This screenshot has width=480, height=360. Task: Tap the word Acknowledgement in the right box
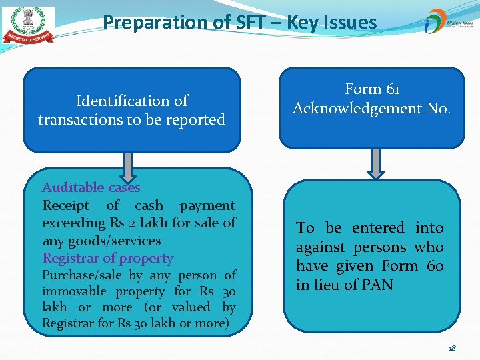[357, 108]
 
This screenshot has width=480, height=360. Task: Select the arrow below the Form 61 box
[376, 164]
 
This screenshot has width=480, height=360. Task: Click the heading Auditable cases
[91, 187]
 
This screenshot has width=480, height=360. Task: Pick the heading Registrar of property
[107, 258]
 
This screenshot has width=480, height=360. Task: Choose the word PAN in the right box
[379, 285]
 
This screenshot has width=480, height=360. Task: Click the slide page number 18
[452, 348]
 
